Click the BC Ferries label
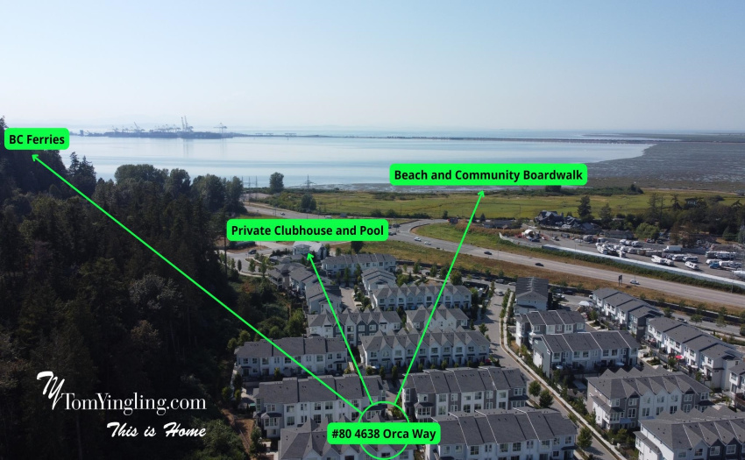[x=37, y=139]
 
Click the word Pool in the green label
[x=372, y=230]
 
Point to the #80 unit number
[x=342, y=434]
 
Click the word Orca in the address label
[x=396, y=434]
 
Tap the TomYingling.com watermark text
[x=134, y=402]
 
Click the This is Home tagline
[x=156, y=429]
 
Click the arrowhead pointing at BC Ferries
[x=35, y=158]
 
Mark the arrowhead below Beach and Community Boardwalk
[x=481, y=194]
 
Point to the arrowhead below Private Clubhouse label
[x=309, y=257]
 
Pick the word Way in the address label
[x=424, y=435]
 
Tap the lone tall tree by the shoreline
[x=276, y=182]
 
